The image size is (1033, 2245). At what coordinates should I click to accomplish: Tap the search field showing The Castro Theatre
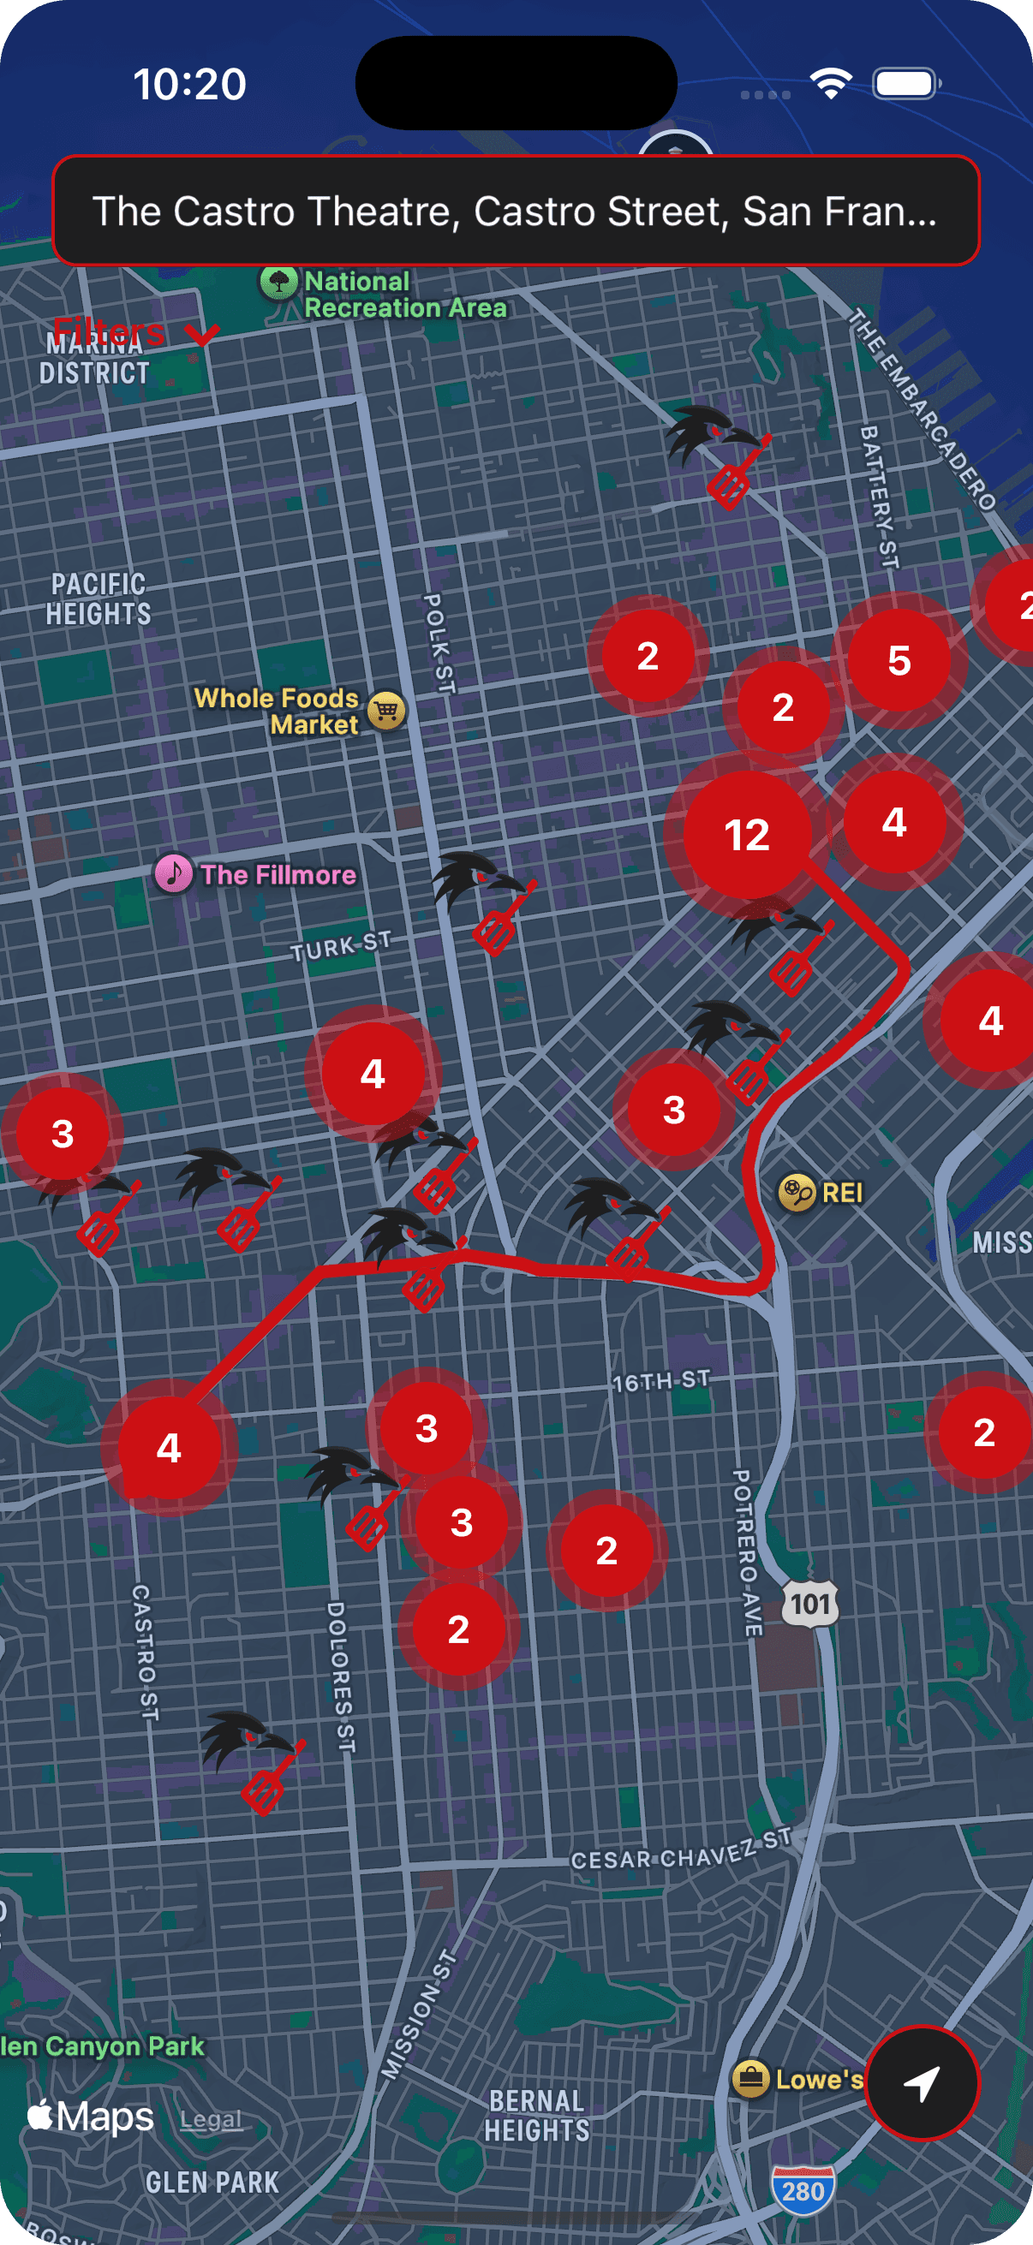(x=515, y=211)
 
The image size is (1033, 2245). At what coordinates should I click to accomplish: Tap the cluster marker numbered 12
(x=746, y=835)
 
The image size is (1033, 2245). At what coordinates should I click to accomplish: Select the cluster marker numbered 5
(x=899, y=661)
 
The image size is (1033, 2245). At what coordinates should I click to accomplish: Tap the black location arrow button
(x=922, y=2083)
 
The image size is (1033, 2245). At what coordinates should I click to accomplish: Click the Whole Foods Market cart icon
(x=386, y=711)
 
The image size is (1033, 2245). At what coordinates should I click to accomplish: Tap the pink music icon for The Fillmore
(x=174, y=873)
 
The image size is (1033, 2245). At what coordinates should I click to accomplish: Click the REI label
(x=841, y=1192)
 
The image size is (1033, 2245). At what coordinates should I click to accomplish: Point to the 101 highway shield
(x=809, y=1604)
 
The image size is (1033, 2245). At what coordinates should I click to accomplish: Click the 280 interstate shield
(x=803, y=2191)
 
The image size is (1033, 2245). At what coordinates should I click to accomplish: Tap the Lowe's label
(x=818, y=2080)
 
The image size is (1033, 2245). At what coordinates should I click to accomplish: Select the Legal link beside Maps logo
(x=211, y=2119)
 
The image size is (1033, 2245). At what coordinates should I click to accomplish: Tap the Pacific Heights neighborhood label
(x=99, y=599)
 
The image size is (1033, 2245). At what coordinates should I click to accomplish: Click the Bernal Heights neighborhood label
(x=537, y=2115)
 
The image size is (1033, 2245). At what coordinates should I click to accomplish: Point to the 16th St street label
(x=660, y=1381)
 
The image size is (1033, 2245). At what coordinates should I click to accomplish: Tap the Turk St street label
(x=341, y=946)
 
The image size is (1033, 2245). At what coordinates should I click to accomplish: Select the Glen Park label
(x=212, y=2182)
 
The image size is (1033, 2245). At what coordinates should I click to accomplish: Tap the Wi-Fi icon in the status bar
(x=831, y=85)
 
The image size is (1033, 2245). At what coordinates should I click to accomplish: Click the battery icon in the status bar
(x=905, y=85)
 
